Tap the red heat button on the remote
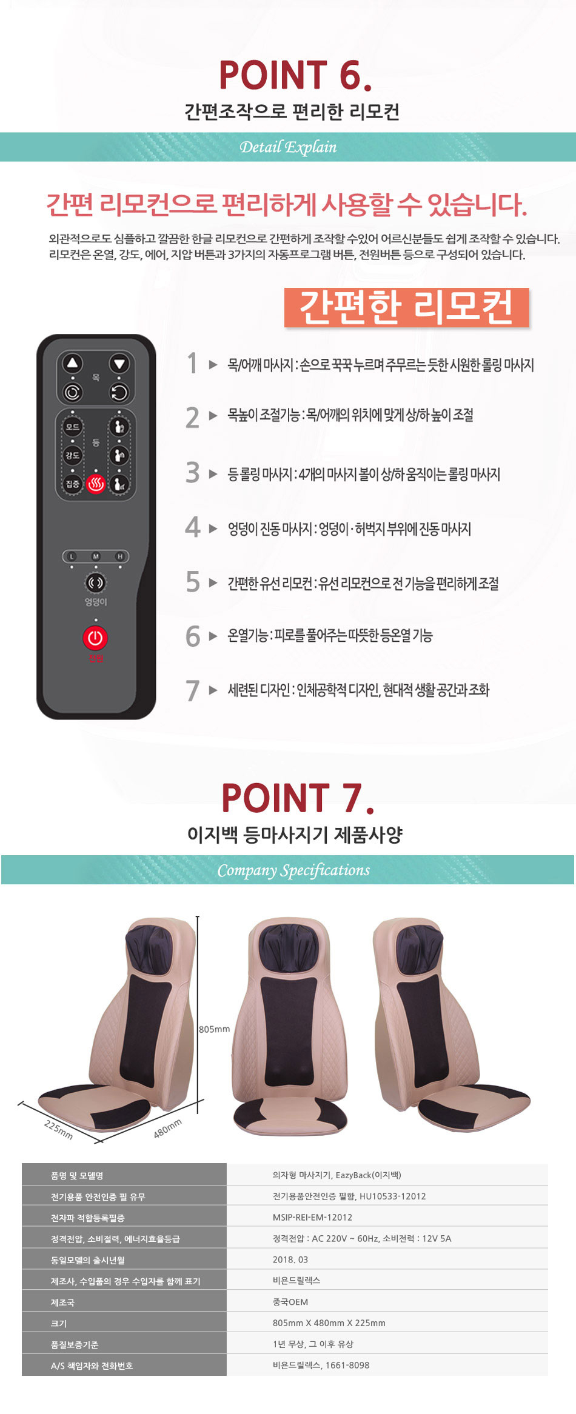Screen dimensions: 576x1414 point(96,484)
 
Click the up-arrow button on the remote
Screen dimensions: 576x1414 point(73,364)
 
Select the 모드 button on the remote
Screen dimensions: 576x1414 point(72,427)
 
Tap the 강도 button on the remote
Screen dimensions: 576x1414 point(72,455)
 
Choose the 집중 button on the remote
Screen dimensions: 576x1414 point(72,484)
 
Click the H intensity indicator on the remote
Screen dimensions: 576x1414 point(120,556)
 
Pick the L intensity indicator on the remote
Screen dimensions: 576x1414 point(72,556)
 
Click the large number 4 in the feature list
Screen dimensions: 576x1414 point(193,527)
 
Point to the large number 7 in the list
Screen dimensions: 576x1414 point(193,690)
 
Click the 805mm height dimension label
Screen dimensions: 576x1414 point(215,1029)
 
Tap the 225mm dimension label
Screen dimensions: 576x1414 point(59,1130)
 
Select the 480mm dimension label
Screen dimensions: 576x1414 point(167,1129)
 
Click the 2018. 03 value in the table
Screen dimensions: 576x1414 point(290,1259)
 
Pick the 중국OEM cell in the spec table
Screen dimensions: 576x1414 point(290,1302)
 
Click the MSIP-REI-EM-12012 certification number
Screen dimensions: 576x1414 point(312,1217)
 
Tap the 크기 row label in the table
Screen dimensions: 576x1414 point(59,1323)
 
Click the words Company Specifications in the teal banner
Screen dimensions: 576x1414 point(293,870)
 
